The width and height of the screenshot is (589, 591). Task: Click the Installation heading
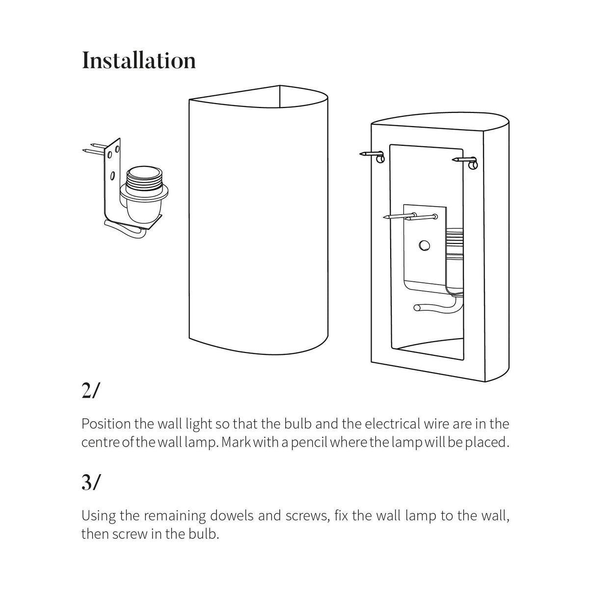(139, 60)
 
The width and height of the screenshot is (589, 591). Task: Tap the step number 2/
(90, 391)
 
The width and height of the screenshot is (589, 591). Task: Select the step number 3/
(91, 484)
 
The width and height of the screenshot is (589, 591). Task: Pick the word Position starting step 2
(106, 424)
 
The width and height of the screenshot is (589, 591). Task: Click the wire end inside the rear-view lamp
(418, 308)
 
